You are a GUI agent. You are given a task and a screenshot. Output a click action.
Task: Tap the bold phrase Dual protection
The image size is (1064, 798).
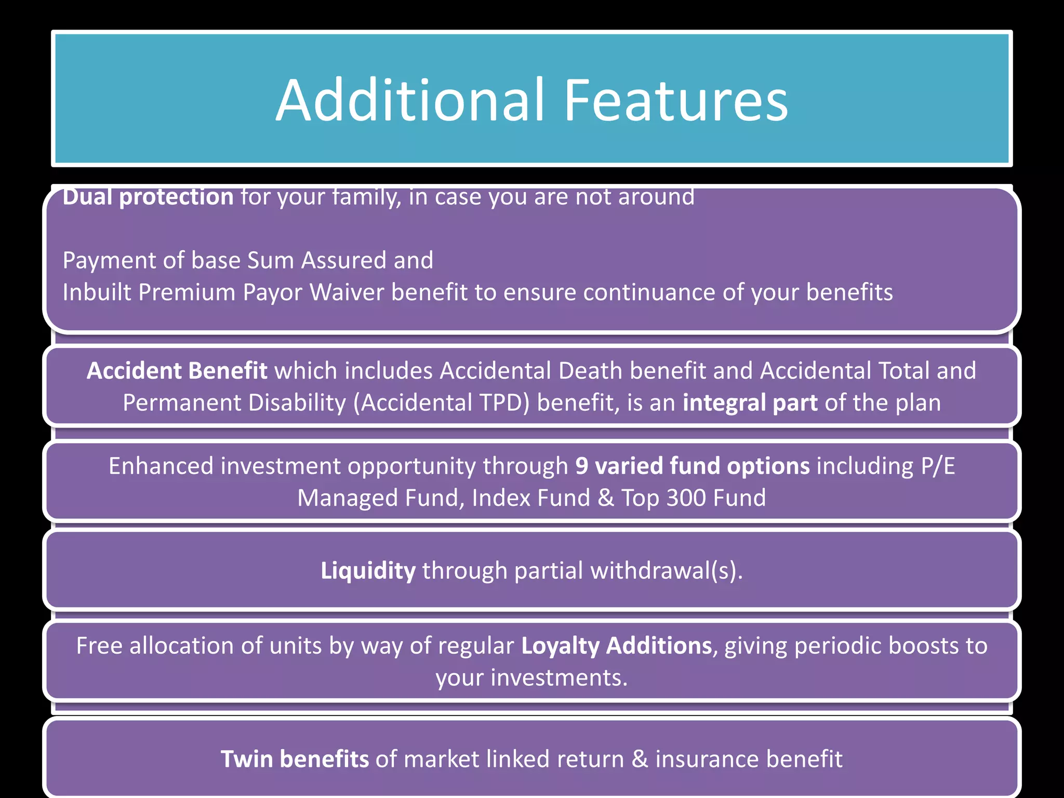(x=148, y=197)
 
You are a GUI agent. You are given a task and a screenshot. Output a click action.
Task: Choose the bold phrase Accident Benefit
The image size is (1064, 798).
(x=177, y=371)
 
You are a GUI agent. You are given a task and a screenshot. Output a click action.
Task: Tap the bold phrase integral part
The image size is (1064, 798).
(x=750, y=403)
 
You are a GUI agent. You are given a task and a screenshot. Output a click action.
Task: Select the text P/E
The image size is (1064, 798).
(x=938, y=466)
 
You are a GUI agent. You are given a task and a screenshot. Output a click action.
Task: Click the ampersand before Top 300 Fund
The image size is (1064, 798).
(x=605, y=498)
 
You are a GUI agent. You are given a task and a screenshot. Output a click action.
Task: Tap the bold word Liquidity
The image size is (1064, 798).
(x=368, y=571)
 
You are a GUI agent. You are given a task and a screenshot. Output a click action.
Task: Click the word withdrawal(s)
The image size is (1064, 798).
(x=667, y=571)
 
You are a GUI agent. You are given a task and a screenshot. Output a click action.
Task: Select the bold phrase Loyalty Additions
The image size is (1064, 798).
(x=616, y=646)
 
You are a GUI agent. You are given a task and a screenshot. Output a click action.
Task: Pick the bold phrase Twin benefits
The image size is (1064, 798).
(x=295, y=760)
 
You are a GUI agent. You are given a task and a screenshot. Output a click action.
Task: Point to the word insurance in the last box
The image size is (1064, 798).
(x=699, y=760)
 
